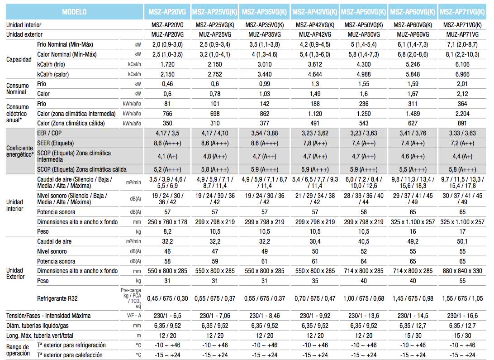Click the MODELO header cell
tap(74, 12)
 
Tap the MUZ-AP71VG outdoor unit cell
tap(462, 34)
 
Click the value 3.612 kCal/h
tap(315, 64)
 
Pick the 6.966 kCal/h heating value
tap(462, 74)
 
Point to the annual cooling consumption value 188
tap(315, 104)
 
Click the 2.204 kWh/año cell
tap(462, 114)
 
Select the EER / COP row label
tap(49, 133)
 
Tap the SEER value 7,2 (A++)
tap(462, 143)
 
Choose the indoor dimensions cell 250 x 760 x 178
tap(167, 222)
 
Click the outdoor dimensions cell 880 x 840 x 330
tap(462, 271)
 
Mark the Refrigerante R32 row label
tap(57, 298)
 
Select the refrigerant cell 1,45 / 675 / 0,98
tap(413, 298)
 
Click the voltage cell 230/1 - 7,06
tap(215, 316)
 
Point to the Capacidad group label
tap(19, 59)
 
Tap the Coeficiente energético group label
tap(20, 151)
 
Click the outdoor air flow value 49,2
tap(413, 241)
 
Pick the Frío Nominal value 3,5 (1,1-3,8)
tap(265, 44)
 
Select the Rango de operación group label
tap(18, 350)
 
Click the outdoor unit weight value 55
tap(462, 281)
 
